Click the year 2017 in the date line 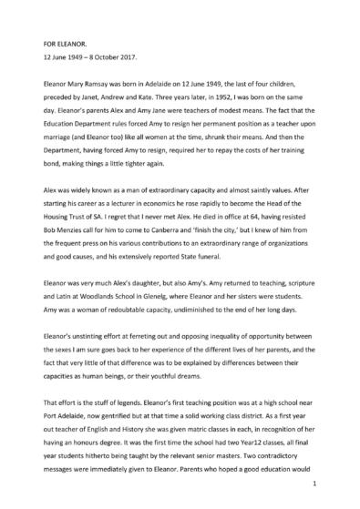[128, 56]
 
